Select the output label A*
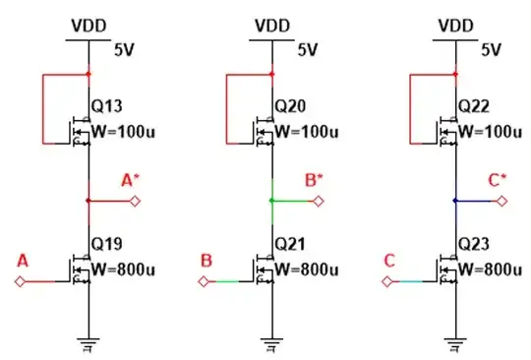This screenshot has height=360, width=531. point(130,181)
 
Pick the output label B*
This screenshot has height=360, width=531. point(314,181)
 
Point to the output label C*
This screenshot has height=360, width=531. point(497,181)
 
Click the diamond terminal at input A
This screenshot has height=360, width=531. point(20,282)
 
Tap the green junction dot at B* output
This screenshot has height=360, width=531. point(272,201)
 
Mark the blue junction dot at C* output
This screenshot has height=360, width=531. point(455,201)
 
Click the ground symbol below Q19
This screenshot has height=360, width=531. point(88,343)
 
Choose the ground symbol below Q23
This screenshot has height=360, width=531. point(455,343)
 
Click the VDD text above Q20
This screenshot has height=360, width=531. point(272,24)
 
